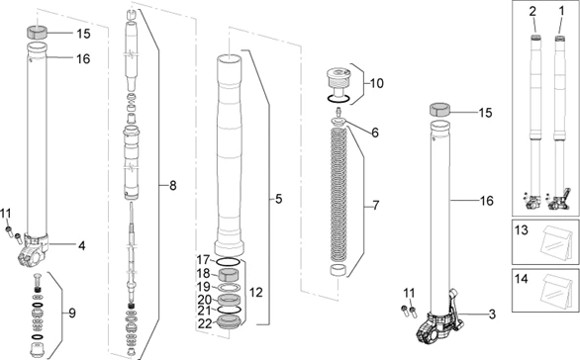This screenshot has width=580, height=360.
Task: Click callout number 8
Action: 172,184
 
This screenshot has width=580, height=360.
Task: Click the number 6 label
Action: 374,132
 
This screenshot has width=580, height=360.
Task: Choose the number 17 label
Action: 204,260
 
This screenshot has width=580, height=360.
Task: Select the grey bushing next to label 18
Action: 231,274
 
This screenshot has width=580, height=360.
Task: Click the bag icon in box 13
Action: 547,243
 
